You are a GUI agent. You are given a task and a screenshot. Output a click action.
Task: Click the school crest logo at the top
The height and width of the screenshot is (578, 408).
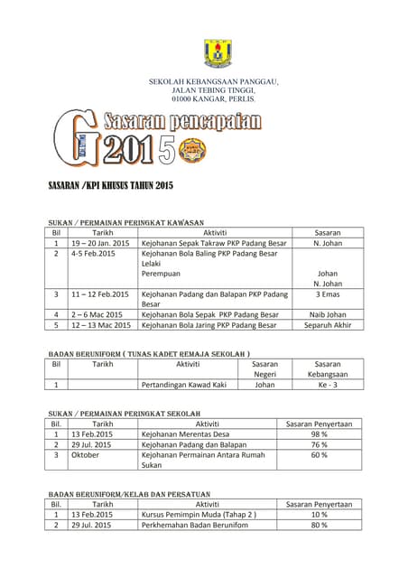[218, 54]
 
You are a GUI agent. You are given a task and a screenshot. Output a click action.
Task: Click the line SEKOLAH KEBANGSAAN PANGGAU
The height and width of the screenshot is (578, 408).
[214, 83]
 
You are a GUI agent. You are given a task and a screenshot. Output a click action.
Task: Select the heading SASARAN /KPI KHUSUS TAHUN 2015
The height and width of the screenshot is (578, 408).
[109, 186]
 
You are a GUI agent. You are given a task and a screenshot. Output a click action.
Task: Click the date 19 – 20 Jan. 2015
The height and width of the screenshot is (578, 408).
[100, 243]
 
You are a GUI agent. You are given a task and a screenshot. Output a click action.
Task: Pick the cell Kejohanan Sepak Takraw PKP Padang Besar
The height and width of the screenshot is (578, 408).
[214, 243]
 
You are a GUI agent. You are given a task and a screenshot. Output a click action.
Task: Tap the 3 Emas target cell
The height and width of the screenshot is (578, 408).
[327, 294]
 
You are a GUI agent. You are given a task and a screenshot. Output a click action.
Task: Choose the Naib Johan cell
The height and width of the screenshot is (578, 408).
[327, 314]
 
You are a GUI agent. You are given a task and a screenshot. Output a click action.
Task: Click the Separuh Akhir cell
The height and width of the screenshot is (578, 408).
[327, 325]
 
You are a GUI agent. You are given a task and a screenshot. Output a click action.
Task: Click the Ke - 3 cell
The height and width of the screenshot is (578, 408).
[327, 384]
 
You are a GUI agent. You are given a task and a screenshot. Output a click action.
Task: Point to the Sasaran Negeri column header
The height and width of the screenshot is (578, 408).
[264, 368]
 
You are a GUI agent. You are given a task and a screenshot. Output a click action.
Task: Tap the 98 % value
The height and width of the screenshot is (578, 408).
[319, 433]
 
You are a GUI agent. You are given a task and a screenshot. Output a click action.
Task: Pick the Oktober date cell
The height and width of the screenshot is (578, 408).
[85, 455]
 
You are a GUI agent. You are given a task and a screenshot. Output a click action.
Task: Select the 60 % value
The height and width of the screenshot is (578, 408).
[319, 455]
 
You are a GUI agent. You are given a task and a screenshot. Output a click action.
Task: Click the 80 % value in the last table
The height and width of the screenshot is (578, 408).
[319, 525]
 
